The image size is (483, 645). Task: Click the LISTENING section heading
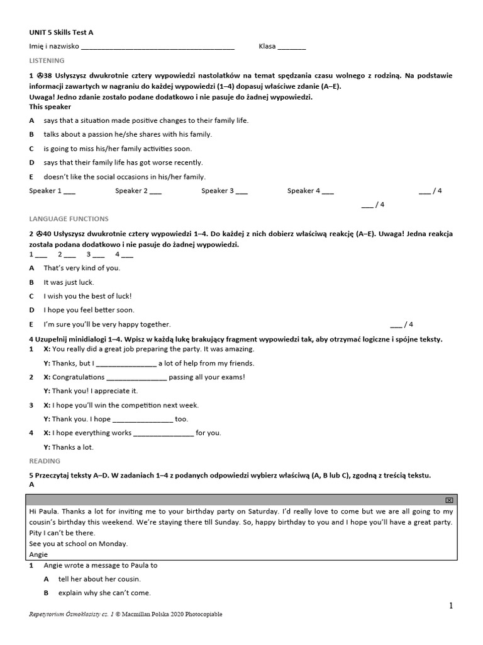click(x=47, y=60)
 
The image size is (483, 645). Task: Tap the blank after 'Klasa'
click(x=291, y=47)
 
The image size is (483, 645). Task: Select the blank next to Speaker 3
click(x=242, y=191)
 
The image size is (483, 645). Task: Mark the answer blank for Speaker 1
click(x=70, y=191)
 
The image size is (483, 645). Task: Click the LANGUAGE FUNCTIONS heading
click(x=69, y=219)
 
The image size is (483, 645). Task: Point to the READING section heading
click(x=45, y=461)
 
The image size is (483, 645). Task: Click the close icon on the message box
click(x=449, y=499)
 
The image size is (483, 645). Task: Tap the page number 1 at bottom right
click(x=450, y=605)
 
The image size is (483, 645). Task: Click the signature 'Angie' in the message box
click(x=38, y=554)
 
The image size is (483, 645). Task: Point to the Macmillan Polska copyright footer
click(x=126, y=614)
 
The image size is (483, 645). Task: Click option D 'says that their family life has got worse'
click(x=123, y=163)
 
